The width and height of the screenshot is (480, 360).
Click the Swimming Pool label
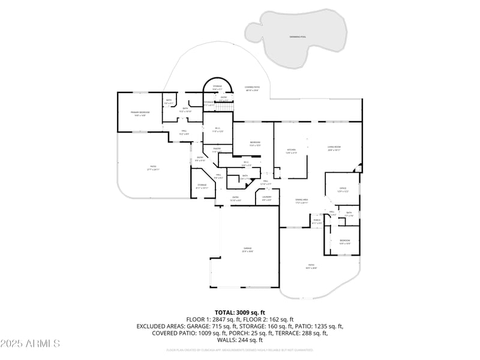(x=297, y=37)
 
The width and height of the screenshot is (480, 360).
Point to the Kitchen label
(x=292, y=151)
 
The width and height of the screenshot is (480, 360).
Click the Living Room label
(x=334, y=148)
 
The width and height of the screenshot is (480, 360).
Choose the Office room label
(x=343, y=190)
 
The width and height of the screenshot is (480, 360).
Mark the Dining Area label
(x=301, y=201)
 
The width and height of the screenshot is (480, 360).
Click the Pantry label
(x=217, y=150)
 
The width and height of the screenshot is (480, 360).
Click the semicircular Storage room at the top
(x=217, y=88)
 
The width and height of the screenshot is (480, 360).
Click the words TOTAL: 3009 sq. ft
(x=239, y=313)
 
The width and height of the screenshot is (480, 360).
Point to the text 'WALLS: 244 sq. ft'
(x=239, y=340)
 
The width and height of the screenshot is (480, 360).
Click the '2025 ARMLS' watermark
(x=30, y=344)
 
